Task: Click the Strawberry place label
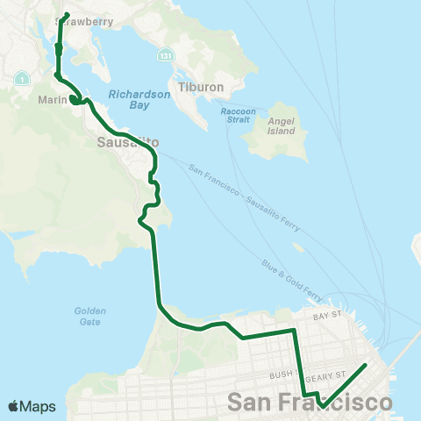click(88, 22)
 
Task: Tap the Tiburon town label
click(202, 88)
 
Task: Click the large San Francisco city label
click(310, 403)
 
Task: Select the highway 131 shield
click(163, 54)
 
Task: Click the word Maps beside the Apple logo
click(39, 406)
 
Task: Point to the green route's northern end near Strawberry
click(67, 14)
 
